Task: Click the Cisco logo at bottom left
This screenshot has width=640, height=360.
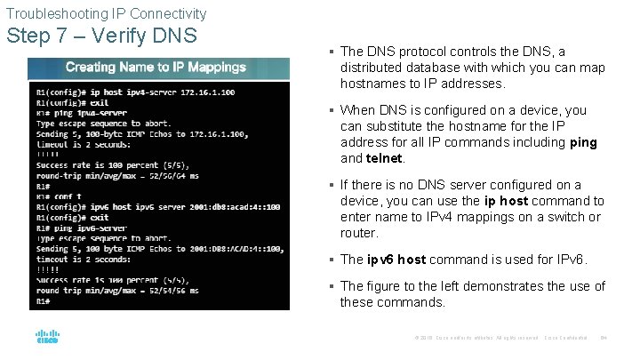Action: tap(47, 338)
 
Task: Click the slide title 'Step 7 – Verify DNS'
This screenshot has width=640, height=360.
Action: tap(101, 36)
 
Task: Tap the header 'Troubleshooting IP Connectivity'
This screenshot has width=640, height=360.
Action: tap(106, 13)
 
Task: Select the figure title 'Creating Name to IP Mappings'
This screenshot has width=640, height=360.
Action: tap(156, 67)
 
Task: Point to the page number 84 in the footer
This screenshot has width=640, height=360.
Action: tap(604, 338)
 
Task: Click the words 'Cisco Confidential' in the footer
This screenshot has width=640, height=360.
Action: tap(568, 338)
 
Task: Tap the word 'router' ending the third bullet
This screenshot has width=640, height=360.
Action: tap(359, 233)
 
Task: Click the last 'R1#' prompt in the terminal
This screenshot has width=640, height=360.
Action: tap(44, 300)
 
